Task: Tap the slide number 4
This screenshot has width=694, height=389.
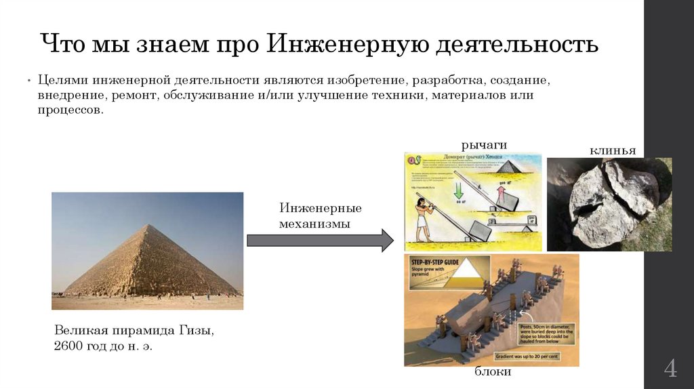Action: [670, 370]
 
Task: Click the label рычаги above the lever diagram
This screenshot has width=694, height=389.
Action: [485, 144]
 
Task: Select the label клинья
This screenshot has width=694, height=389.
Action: [613, 150]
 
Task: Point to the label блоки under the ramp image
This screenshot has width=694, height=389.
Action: [492, 372]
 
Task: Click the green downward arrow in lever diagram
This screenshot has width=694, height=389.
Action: [458, 186]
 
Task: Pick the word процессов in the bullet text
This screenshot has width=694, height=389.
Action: [70, 110]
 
